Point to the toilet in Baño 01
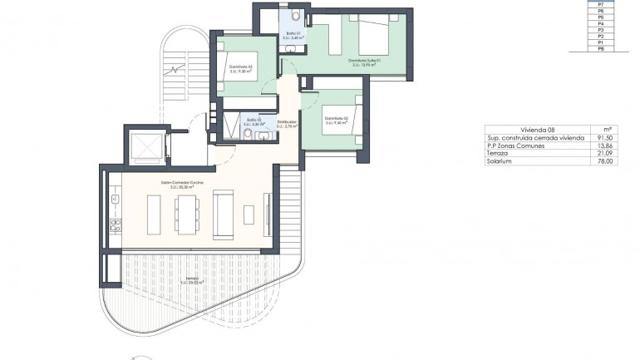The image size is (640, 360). click(297, 14)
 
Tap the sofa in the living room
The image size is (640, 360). click(224, 215)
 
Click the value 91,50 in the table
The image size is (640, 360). click(605, 137)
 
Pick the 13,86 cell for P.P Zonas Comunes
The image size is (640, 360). click(605, 145)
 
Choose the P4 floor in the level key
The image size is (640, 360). click(601, 24)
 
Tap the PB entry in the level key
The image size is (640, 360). click(601, 50)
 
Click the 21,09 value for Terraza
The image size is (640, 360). click(605, 153)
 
